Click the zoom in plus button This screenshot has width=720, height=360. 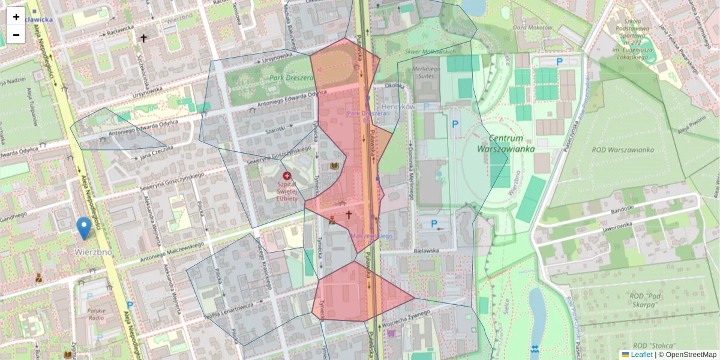(x=16, y=16)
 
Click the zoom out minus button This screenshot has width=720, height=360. (x=16, y=35)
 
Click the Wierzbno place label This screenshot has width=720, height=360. (x=94, y=252)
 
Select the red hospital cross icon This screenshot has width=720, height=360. (x=287, y=176)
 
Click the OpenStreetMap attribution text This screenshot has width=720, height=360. (x=690, y=355)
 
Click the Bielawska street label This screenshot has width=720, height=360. (x=426, y=250)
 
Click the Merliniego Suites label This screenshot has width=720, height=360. (x=427, y=72)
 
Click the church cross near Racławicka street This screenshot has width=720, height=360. (x=143, y=38)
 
